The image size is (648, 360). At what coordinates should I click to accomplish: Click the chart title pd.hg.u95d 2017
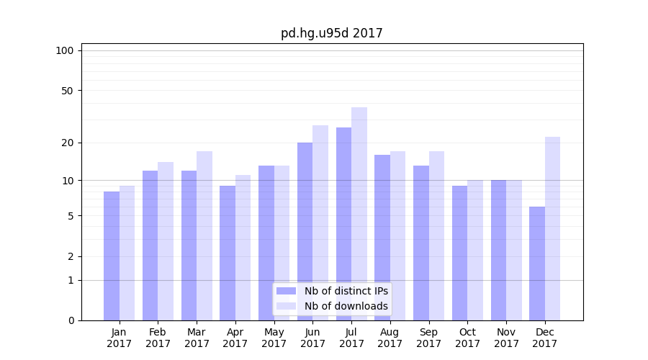coord(331,34)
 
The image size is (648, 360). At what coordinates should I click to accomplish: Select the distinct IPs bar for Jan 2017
coord(112,256)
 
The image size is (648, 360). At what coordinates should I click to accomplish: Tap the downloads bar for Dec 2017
coord(552,228)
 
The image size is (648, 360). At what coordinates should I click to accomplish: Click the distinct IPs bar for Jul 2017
coord(343,224)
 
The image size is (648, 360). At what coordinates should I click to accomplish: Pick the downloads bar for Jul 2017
coord(359,214)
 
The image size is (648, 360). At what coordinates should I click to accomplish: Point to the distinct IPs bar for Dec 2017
coord(537,264)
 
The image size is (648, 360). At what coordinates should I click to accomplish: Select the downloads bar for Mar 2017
coord(204,235)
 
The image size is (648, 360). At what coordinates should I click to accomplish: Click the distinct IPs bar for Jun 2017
coord(305,231)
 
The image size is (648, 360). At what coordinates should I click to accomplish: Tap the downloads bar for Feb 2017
coord(166,241)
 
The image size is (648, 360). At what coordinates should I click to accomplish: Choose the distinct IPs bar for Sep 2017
coord(421,243)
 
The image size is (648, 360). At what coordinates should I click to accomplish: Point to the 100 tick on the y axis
coord(65,50)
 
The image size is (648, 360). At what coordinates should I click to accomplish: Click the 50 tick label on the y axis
coord(68,91)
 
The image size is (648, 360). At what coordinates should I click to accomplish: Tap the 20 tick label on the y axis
coord(68,143)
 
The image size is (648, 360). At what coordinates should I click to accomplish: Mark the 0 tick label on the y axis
coord(71,320)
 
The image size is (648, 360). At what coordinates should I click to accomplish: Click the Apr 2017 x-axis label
coord(235,338)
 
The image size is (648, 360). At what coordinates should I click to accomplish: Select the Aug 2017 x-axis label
coord(390,338)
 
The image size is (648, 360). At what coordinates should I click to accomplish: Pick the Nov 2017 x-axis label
coord(506,338)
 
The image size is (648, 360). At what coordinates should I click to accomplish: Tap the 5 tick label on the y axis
coord(71,216)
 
